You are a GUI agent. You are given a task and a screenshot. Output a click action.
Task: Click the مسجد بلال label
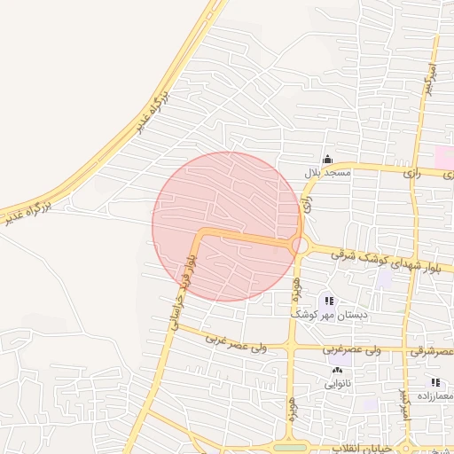[328, 174]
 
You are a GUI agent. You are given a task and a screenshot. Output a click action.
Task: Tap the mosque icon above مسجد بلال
[327, 160]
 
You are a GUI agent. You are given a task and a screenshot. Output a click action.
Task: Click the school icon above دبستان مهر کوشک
[330, 301]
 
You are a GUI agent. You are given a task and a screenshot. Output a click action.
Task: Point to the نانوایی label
[337, 384]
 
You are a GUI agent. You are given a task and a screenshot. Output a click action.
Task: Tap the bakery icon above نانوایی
[336, 371]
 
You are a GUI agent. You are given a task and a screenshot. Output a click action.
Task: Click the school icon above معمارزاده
[435, 382]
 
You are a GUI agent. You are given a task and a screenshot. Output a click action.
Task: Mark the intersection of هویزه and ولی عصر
[292, 346]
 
